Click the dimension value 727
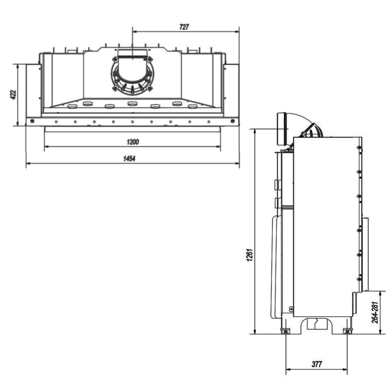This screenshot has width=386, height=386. [184, 27]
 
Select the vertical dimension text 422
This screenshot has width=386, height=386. [13, 95]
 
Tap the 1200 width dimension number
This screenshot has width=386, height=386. [132, 142]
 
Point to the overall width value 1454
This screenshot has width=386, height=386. [129, 159]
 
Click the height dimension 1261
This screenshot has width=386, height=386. [250, 254]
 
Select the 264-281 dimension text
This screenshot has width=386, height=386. [375, 312]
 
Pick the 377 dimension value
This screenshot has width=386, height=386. [317, 364]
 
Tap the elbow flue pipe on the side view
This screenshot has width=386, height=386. [300, 128]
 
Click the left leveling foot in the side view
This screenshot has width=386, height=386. [286, 331]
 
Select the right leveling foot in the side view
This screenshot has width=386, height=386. [347, 331]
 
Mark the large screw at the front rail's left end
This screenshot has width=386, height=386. [32, 121]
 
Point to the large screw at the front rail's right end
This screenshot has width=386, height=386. [232, 121]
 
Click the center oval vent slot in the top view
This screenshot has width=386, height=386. [132, 103]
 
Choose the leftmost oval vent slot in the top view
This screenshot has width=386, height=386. [72, 106]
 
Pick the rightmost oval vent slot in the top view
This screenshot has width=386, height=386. [192, 106]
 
